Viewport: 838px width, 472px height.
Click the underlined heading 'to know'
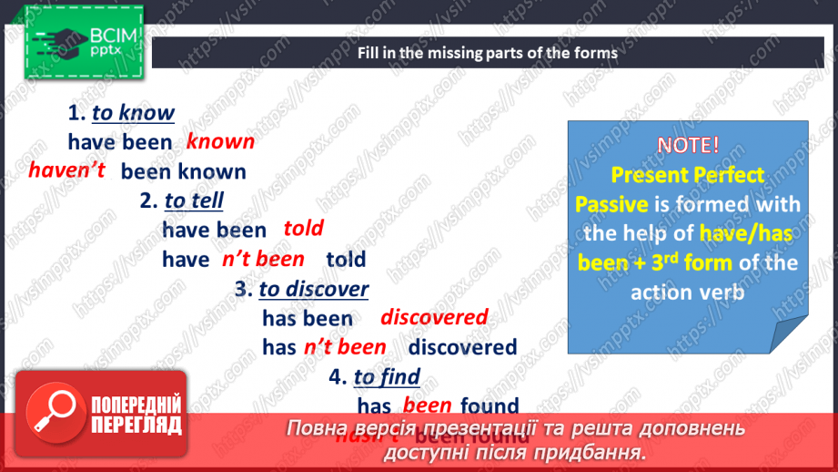[133, 113]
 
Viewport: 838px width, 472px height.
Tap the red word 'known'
[220, 141]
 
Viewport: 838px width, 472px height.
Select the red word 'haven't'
[67, 169]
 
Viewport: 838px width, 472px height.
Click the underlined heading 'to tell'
[194, 200]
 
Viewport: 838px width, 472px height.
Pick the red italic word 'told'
[303, 229]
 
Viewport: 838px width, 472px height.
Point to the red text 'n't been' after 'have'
[263, 259]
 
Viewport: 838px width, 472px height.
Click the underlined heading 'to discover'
[314, 289]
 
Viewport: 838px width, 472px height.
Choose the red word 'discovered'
[434, 317]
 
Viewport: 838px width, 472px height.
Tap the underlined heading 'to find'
[387, 376]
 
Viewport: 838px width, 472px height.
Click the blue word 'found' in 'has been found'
[490, 405]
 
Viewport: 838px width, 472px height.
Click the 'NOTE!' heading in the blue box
[688, 144]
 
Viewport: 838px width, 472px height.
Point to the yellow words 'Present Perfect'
[688, 173]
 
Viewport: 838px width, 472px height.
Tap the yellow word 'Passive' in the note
[611, 203]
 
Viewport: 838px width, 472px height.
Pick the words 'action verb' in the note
[687, 292]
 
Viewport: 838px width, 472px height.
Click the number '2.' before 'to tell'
[149, 200]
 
